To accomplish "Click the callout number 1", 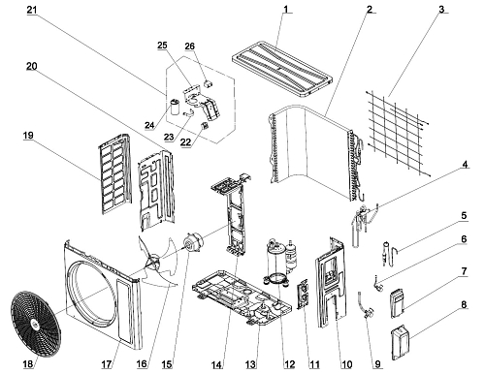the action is point(285,9).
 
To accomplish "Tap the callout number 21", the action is point(32,10).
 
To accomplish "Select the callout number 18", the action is point(28,364).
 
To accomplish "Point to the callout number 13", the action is point(250,364).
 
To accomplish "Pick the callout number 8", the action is point(464,304).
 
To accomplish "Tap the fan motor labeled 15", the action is point(193,242).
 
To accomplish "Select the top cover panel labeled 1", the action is point(282,69).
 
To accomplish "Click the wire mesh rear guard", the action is point(398,134).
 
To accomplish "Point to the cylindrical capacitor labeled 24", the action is point(176,108).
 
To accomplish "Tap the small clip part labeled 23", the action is point(188,112).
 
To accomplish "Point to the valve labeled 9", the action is point(366,305).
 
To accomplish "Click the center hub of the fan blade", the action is point(154,261).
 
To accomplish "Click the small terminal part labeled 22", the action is point(205,125).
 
